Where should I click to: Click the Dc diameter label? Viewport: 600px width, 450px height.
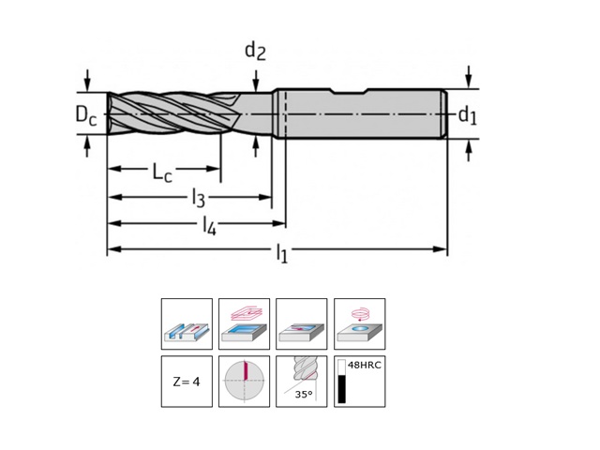coord(85,116)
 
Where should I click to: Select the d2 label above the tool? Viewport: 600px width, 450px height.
coord(255,51)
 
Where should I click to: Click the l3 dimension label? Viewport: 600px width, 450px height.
coord(198,197)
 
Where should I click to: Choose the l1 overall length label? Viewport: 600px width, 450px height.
coord(281,252)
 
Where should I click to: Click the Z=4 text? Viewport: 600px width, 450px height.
coord(187,382)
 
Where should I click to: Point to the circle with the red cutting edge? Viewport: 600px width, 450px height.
coord(244,382)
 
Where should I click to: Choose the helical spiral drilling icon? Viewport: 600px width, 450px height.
coord(359,325)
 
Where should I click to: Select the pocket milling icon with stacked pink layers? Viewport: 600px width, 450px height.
coord(244,325)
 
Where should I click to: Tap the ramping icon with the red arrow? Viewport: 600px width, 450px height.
coord(302,325)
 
